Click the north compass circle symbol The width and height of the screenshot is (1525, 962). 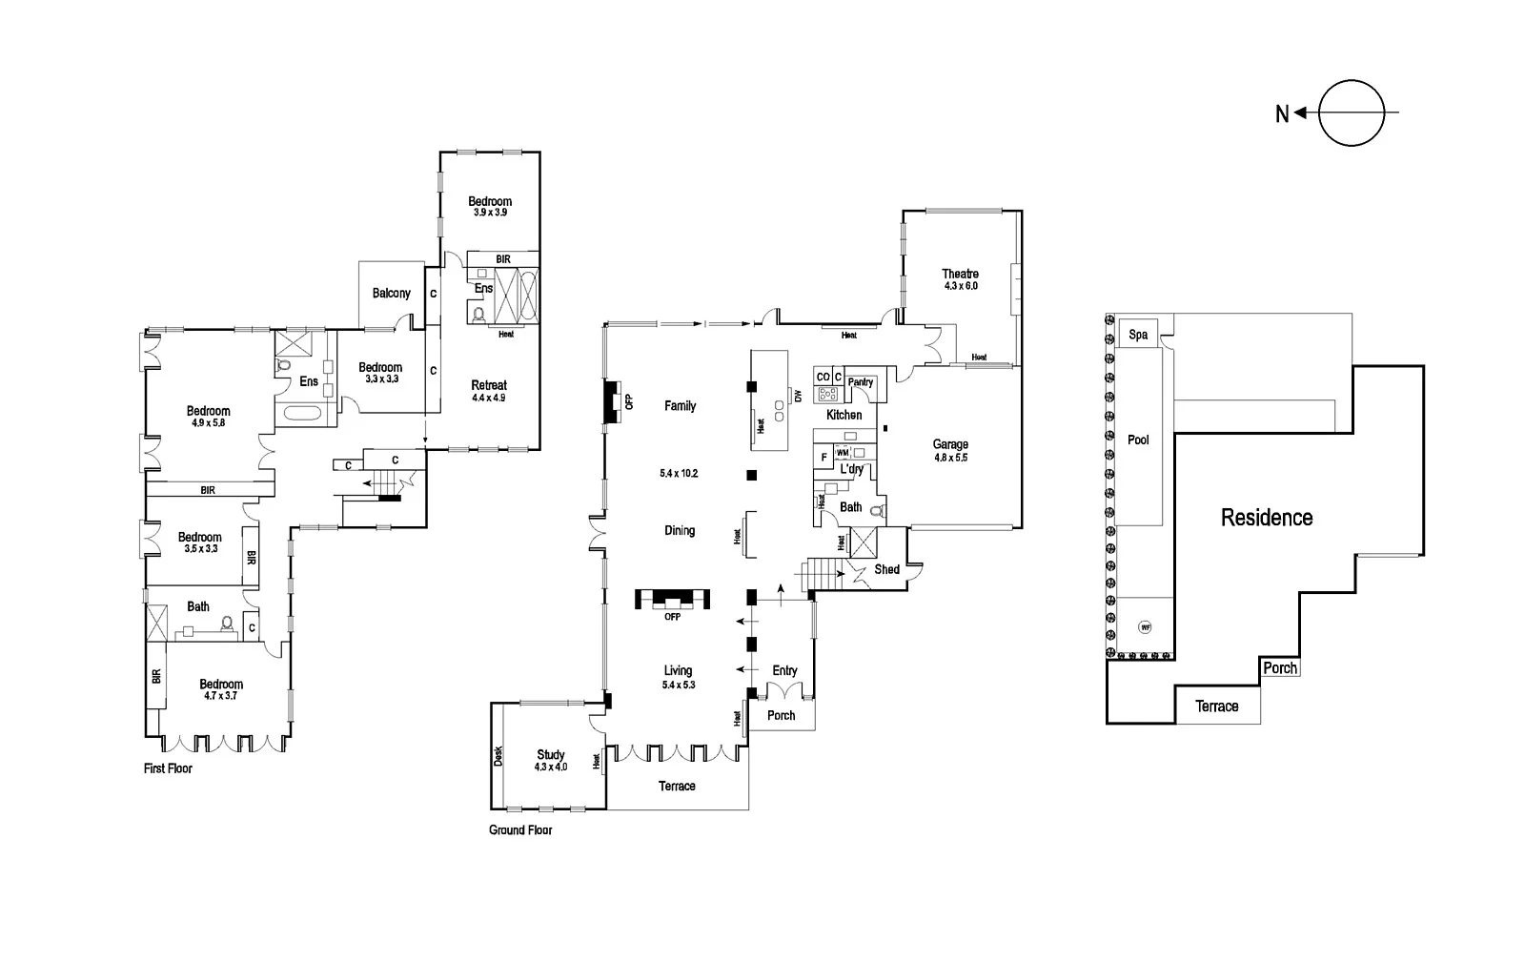tap(1352, 113)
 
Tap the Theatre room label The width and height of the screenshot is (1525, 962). tap(960, 274)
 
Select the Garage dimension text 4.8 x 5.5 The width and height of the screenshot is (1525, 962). tap(950, 458)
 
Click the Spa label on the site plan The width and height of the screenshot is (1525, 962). tap(1138, 335)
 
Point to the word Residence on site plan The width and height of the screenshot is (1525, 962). tap(1267, 518)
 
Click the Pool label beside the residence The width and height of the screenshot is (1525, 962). tap(1138, 440)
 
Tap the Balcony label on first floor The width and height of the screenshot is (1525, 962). tap(391, 293)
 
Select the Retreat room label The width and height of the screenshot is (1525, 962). tap(489, 385)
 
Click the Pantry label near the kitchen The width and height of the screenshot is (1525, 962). tap(861, 382)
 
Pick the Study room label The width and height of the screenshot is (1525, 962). tap(551, 754)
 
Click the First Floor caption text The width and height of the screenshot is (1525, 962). tap(168, 768)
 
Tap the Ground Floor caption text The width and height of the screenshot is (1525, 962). tap(520, 829)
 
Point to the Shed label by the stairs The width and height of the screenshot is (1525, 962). tap(886, 569)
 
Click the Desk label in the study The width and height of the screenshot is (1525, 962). tap(498, 755)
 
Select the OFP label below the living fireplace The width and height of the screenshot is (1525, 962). tap(673, 617)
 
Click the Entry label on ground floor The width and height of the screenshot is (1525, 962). tap(784, 670)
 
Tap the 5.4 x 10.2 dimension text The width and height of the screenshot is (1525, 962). tap(680, 473)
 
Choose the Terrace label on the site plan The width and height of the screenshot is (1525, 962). tap(1217, 706)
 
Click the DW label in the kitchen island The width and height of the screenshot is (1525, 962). tap(798, 396)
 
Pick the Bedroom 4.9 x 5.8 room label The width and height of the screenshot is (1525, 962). tap(208, 411)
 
